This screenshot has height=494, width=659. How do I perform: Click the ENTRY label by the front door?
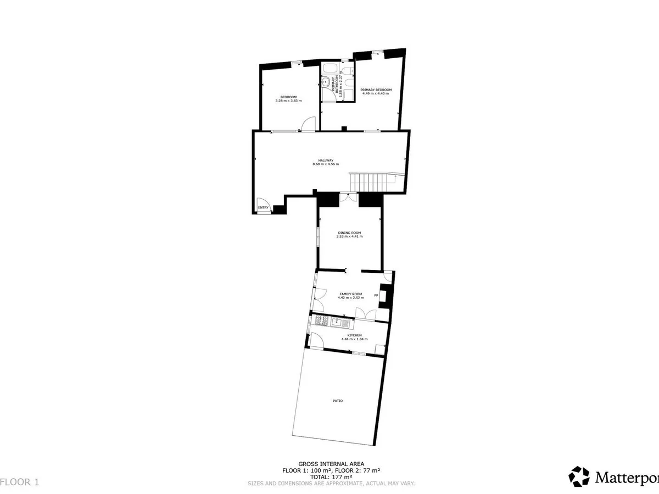click(x=264, y=207)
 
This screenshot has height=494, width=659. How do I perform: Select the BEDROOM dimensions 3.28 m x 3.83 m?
click(x=288, y=100)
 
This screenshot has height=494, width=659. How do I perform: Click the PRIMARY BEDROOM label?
click(x=376, y=89)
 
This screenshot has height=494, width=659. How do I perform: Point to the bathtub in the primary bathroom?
click(x=331, y=69)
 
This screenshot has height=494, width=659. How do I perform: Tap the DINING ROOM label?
click(x=350, y=232)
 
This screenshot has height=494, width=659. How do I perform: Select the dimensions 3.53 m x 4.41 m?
click(x=350, y=237)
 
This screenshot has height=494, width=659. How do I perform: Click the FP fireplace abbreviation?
click(x=376, y=296)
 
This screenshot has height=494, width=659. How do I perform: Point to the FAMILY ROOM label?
click(x=350, y=294)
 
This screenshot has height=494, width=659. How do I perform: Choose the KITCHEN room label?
click(x=354, y=335)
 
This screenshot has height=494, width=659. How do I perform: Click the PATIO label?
click(x=338, y=401)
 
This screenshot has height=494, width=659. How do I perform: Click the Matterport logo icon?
click(x=579, y=476)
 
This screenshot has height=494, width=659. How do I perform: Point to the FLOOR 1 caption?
click(x=20, y=482)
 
